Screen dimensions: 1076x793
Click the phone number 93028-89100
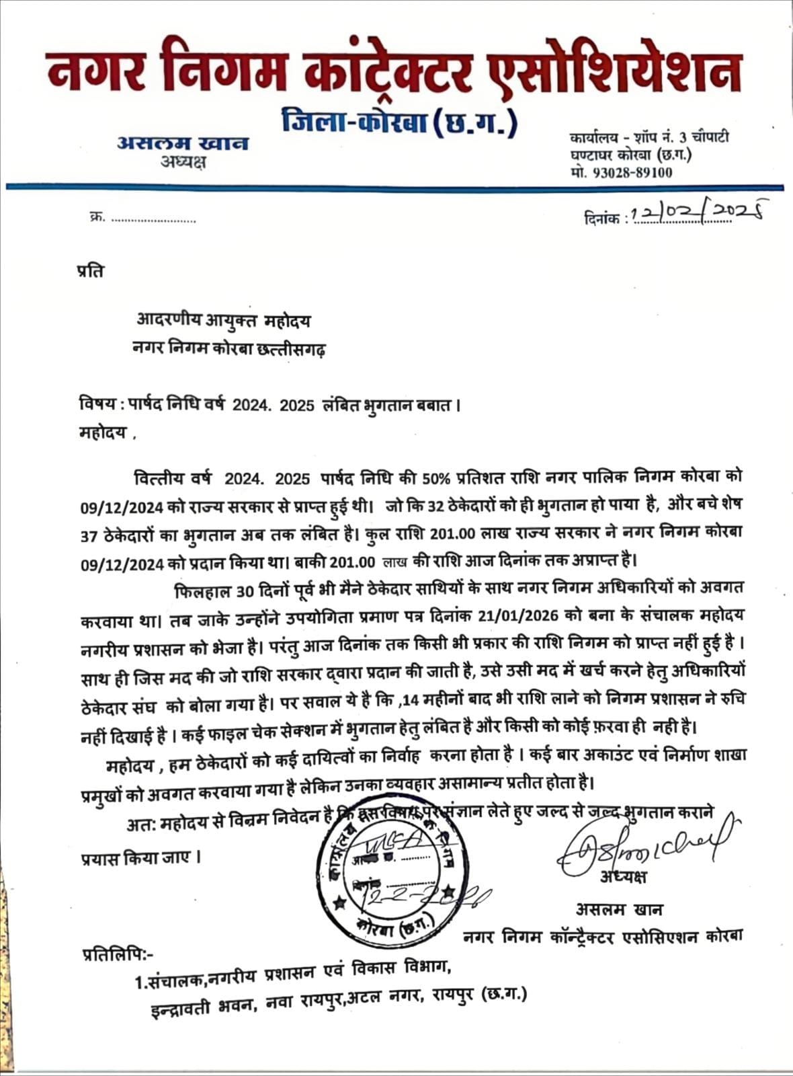point(631,172)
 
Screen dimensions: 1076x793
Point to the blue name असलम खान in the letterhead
point(183,143)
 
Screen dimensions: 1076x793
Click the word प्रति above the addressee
point(91,272)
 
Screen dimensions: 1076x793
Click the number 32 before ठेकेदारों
point(438,504)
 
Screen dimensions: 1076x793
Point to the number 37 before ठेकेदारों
point(89,533)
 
